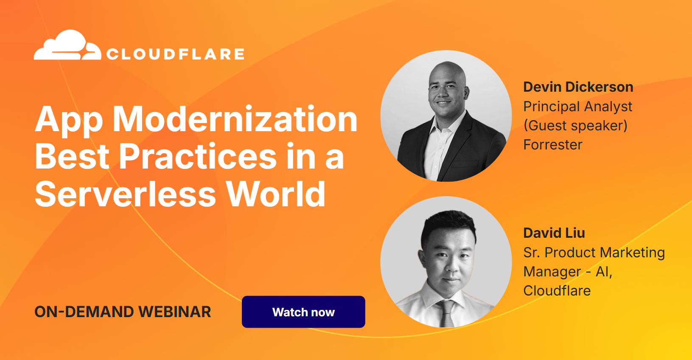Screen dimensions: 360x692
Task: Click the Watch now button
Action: click(x=303, y=312)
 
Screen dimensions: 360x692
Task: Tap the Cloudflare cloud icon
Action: click(x=67, y=46)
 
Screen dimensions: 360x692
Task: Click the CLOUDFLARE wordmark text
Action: click(x=175, y=54)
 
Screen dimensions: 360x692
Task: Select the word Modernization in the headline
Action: click(x=235, y=120)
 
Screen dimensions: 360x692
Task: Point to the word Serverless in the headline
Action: click(x=126, y=194)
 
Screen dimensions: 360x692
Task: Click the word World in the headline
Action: click(x=275, y=194)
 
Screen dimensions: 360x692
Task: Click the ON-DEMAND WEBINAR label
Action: click(x=123, y=312)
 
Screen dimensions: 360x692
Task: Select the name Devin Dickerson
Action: click(x=578, y=87)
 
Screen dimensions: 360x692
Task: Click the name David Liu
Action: click(x=554, y=233)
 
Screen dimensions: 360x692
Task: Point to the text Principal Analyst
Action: click(x=577, y=107)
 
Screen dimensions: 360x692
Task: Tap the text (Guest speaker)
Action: click(x=575, y=126)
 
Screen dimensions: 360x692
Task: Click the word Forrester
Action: click(x=552, y=145)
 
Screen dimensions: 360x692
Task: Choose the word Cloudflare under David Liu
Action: click(x=557, y=291)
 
